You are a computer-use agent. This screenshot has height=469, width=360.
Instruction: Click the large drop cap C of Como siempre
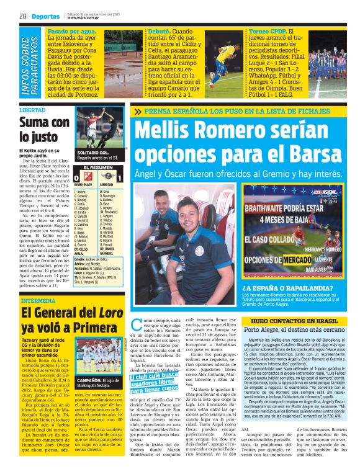point(138,326)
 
